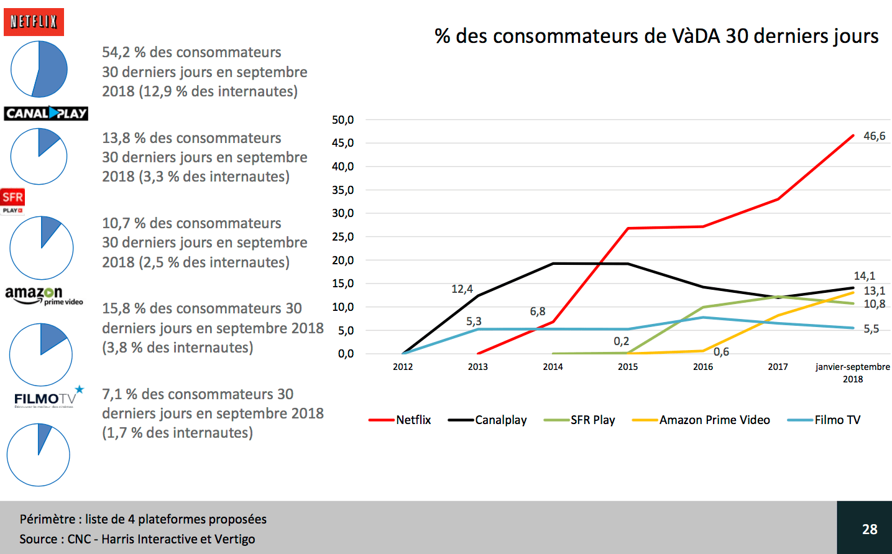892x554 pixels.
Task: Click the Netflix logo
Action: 34,22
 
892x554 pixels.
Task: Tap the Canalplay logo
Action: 46,113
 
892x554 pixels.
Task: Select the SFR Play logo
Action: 12,200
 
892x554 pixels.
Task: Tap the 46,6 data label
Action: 874,136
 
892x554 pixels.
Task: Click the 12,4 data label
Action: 462,289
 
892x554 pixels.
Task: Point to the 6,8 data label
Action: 538,312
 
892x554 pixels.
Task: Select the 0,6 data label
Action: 721,352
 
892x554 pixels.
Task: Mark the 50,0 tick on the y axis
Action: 343,120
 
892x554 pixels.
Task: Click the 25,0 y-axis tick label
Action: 343,237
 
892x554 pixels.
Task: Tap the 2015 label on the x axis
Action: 628,367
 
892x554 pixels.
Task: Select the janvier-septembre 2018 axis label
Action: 853,372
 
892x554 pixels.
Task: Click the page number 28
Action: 870,529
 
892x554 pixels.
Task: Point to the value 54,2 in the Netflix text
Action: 116,52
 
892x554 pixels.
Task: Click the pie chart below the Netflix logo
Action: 39,69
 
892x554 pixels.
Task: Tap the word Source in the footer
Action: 39,539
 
